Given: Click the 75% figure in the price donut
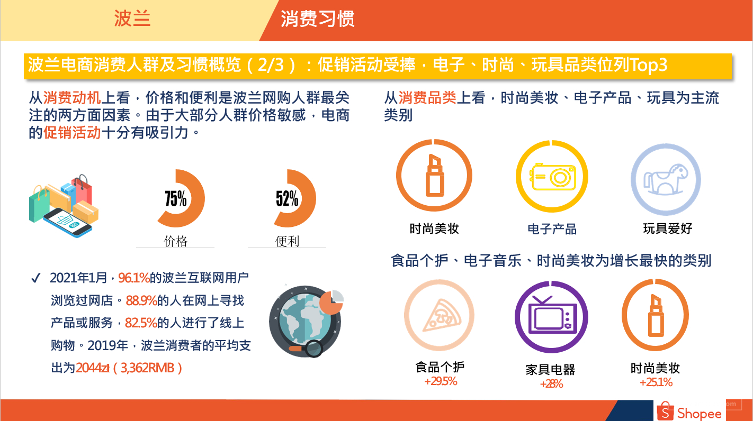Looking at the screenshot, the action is pyautogui.click(x=175, y=198).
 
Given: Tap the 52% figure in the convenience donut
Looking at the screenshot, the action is pyautogui.click(x=287, y=198).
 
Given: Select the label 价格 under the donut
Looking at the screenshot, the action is pyautogui.click(x=175, y=241).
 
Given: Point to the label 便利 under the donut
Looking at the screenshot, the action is pyautogui.click(x=287, y=241).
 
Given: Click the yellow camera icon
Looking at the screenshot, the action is pyautogui.click(x=553, y=177).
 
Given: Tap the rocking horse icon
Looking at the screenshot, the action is pyautogui.click(x=666, y=179).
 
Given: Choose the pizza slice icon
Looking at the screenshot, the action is pyautogui.click(x=442, y=315).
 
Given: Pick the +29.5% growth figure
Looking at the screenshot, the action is pyautogui.click(x=441, y=381).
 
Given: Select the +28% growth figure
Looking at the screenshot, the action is pyautogui.click(x=551, y=384).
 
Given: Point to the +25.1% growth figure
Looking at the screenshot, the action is pyautogui.click(x=656, y=382).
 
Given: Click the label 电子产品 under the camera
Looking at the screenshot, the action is pyautogui.click(x=552, y=230).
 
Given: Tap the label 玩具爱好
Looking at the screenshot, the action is pyautogui.click(x=668, y=228).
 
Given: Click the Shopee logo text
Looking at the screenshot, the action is pyautogui.click(x=699, y=413).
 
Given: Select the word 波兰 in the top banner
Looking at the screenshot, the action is pyautogui.click(x=132, y=19).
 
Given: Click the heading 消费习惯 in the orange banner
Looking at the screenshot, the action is pyautogui.click(x=318, y=19).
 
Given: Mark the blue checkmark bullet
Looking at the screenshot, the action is pyautogui.click(x=35, y=278).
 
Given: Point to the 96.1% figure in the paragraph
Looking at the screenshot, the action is pyautogui.click(x=134, y=278).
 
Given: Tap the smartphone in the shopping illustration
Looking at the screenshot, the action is pyautogui.click(x=67, y=223).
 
